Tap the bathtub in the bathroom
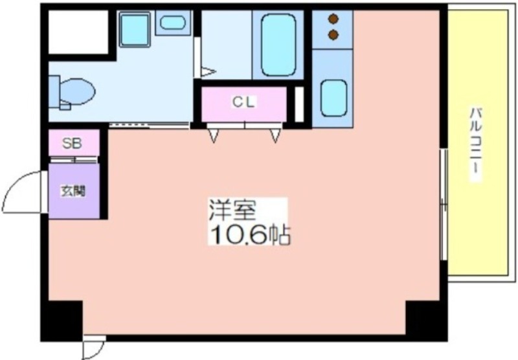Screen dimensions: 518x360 (278, 45)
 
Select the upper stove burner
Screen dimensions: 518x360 (333, 19)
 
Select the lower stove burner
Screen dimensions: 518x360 (333, 34)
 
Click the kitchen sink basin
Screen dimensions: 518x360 (333, 98)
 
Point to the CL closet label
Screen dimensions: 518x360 (244, 102)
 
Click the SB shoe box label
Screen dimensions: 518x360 (72, 143)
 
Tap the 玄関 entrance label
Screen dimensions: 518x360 (73, 191)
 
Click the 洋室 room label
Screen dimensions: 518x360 (232, 210)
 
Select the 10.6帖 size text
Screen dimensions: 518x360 (250, 234)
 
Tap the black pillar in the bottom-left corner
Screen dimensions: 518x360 (62, 321)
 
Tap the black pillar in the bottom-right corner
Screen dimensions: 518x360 (426, 321)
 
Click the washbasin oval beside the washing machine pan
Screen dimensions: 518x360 (172, 23)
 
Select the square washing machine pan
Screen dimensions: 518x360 (135, 29)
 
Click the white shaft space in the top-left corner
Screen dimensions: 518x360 (78, 32)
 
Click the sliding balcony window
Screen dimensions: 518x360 (444, 204)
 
